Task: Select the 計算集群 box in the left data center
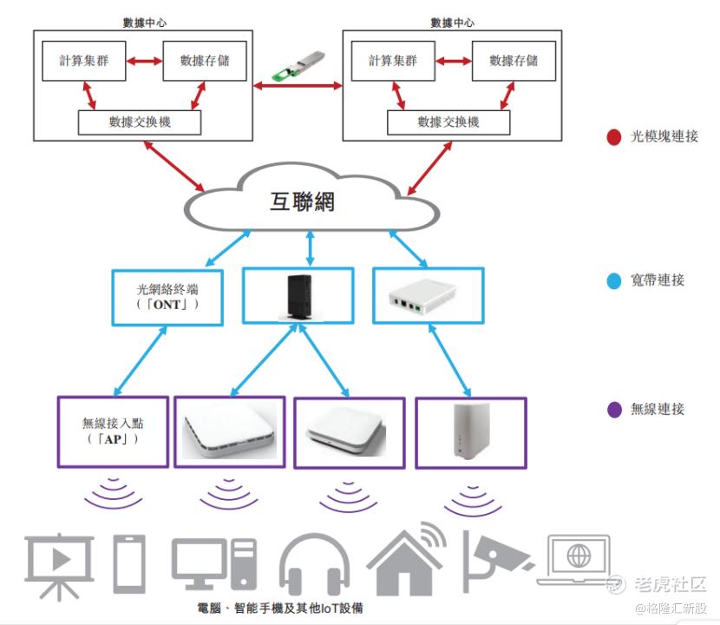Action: point(83,61)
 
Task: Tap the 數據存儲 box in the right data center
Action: point(514,61)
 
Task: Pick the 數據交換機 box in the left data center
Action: point(140,122)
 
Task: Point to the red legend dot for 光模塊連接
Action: point(614,136)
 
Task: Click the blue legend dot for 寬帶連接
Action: point(614,280)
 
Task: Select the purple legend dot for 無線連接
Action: point(614,409)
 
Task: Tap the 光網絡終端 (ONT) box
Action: point(167,298)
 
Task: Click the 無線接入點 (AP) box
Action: point(113,431)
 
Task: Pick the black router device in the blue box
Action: point(298,297)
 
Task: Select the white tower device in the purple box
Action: point(470,431)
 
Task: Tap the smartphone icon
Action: point(129,564)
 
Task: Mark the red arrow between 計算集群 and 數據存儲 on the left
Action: point(144,62)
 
